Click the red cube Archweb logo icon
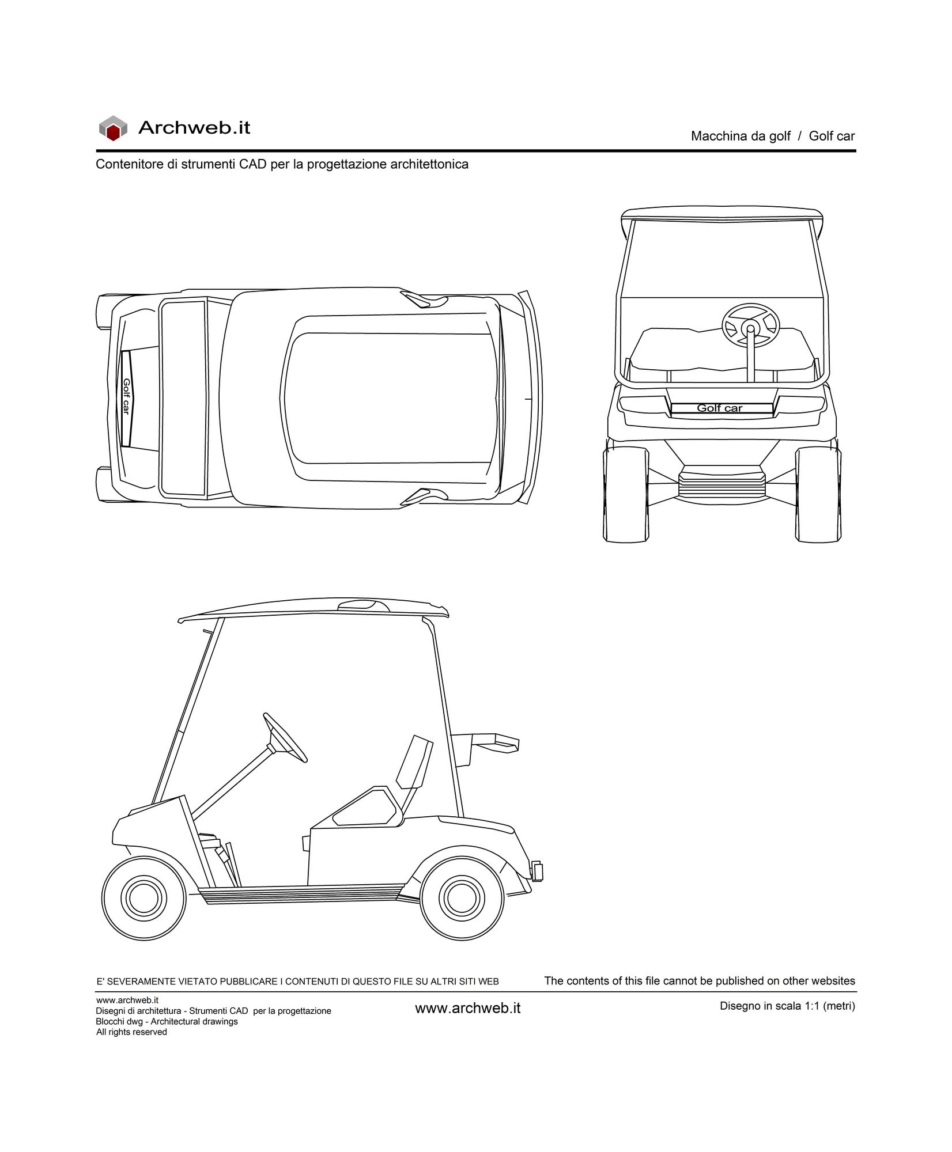pos(112,128)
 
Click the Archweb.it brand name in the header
pos(194,127)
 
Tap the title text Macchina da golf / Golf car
pos(773,137)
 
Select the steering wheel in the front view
pos(750,326)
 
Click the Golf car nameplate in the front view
pos(721,408)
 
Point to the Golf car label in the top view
pos(126,397)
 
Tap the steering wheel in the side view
pos(285,738)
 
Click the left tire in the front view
pos(626,494)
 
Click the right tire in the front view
pos(818,494)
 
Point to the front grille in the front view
pos(722,483)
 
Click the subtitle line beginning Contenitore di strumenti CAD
pos(282,164)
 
